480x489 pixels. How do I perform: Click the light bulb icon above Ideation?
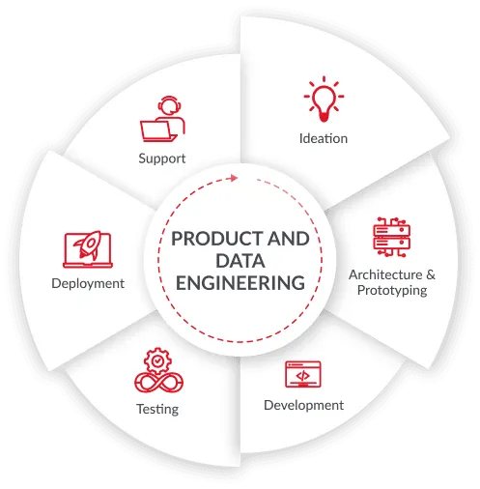[x=324, y=100]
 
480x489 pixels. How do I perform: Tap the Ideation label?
[x=324, y=138]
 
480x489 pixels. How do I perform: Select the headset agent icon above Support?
[x=162, y=119]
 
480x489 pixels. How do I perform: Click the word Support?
[x=162, y=158]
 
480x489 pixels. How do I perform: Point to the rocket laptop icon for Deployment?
[x=88, y=249]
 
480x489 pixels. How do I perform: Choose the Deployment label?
[x=88, y=283]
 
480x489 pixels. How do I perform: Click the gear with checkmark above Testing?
[x=157, y=360]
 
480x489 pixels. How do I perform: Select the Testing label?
[x=157, y=409]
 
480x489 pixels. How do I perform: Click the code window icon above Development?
[x=303, y=374]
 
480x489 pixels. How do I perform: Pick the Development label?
[x=303, y=405]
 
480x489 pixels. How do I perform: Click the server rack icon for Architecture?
[x=391, y=237]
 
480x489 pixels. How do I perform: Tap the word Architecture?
[x=385, y=274]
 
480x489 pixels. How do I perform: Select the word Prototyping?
[x=392, y=290]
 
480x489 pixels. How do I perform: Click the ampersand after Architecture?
[x=431, y=274]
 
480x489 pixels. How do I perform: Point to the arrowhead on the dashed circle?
[x=234, y=178]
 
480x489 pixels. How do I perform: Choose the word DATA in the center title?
[x=240, y=261]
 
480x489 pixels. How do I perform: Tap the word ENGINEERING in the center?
[x=240, y=283]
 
